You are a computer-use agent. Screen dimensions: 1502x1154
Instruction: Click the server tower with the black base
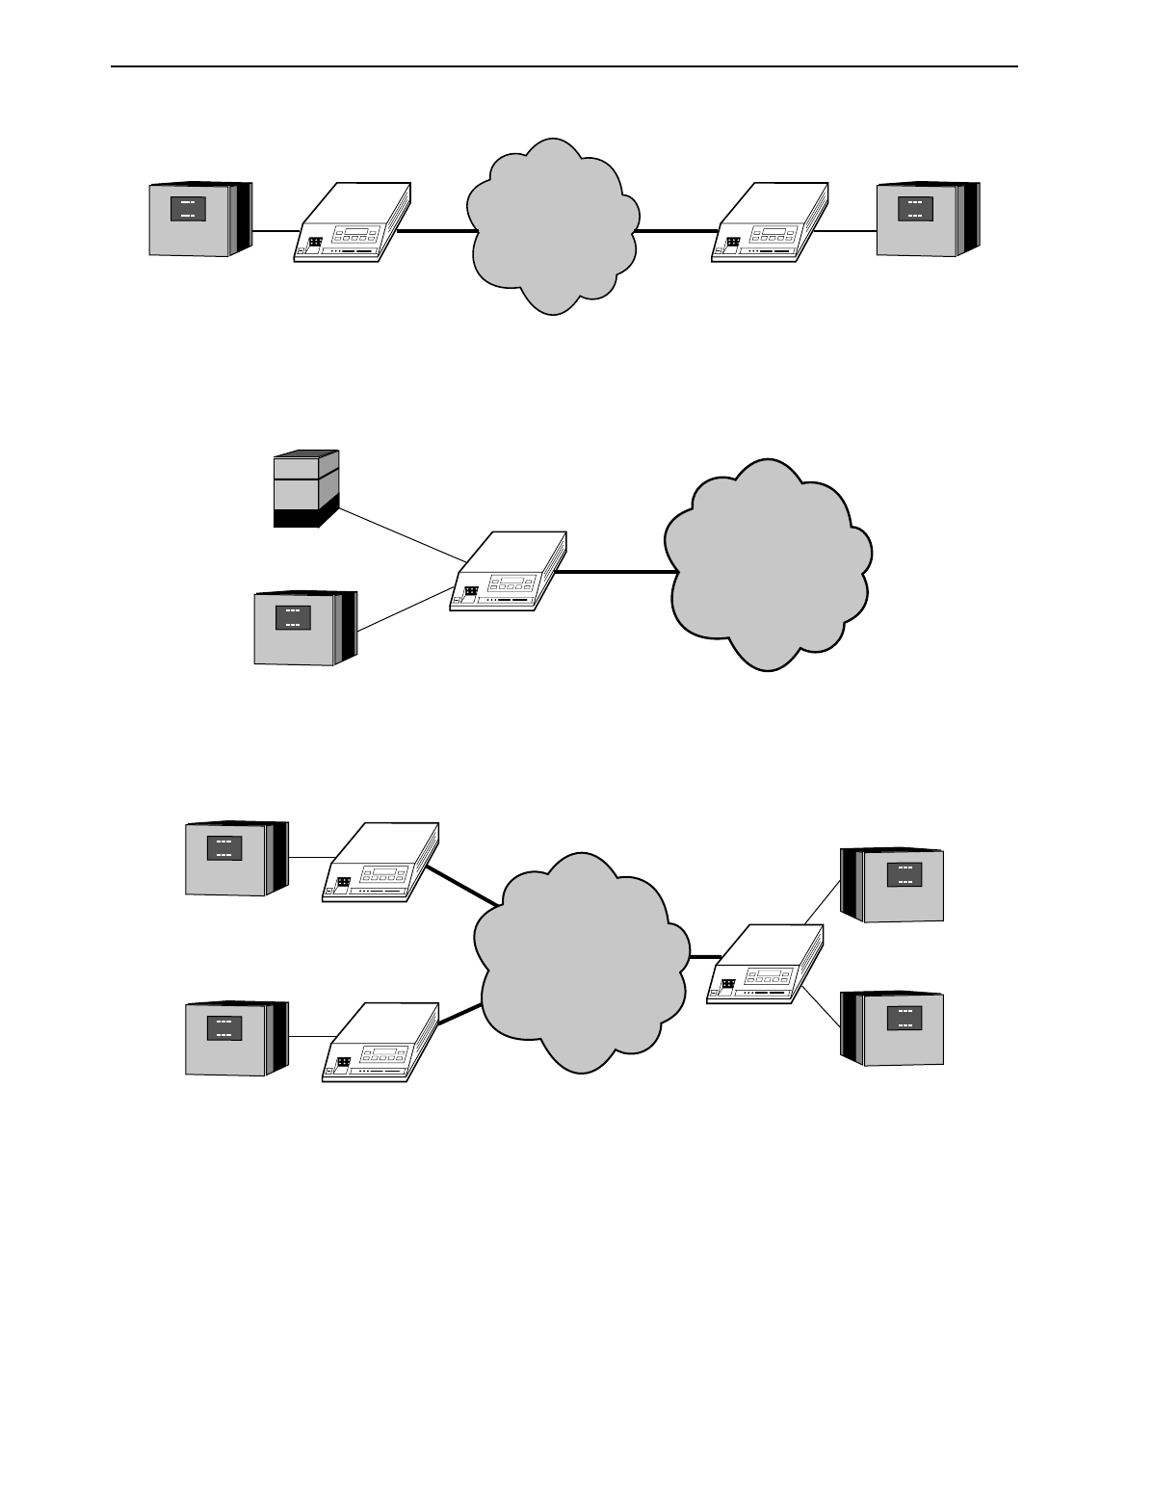click(305, 489)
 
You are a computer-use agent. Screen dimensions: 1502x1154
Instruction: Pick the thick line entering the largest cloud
click(616, 572)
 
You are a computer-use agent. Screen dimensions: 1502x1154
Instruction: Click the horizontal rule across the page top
click(564, 67)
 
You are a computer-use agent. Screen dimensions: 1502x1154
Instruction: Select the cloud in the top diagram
click(553, 227)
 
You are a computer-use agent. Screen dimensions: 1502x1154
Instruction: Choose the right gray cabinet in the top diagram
click(927, 219)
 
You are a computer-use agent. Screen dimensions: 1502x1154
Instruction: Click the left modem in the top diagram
click(351, 223)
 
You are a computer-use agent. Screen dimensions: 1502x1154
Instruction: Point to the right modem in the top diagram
click(768, 223)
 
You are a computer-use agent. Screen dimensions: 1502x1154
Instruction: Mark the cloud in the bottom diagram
click(581, 962)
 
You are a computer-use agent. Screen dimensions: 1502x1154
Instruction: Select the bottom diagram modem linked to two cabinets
click(766, 967)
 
